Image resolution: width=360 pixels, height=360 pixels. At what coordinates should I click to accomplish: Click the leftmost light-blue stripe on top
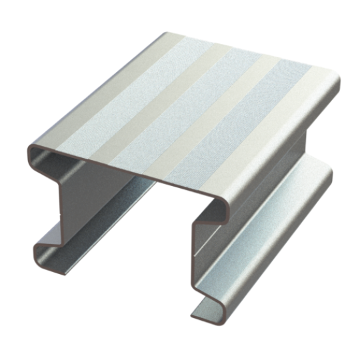pyautogui.click(x=113, y=120)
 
